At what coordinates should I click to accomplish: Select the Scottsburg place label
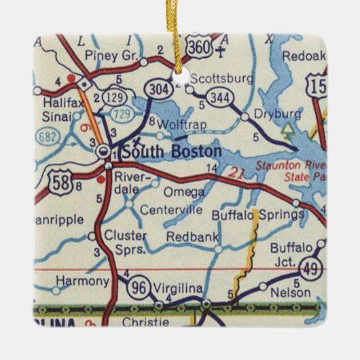click(215, 78)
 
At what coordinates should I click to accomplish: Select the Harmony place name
click(82, 281)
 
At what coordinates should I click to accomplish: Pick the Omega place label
click(180, 192)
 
